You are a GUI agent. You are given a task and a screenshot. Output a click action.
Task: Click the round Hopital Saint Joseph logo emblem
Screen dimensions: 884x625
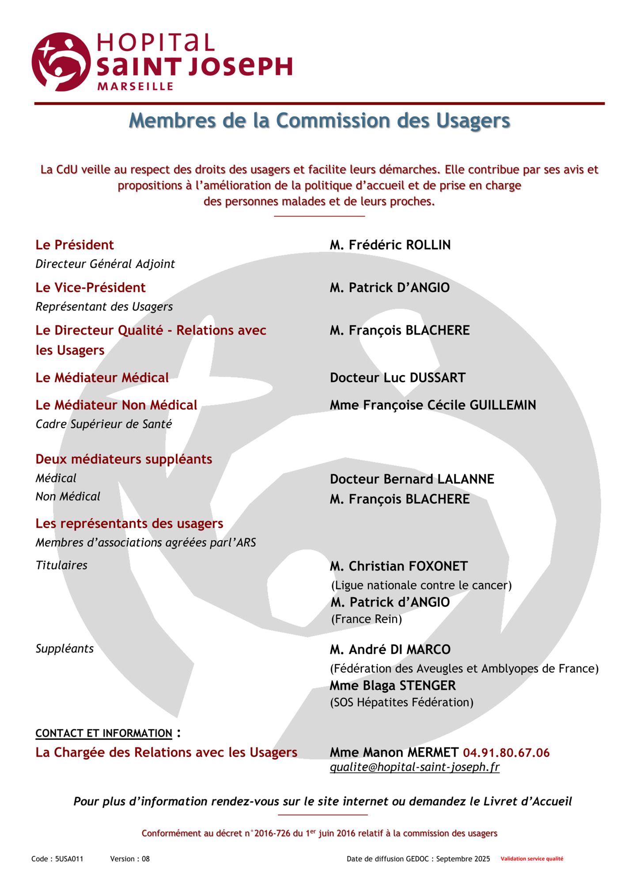pos(61,62)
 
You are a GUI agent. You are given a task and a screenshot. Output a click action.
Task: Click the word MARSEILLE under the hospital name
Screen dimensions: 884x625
pos(135,86)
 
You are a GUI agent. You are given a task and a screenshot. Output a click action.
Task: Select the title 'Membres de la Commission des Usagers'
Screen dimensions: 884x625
pos(319,120)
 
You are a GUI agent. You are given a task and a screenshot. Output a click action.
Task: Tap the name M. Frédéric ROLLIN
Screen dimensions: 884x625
pos(390,245)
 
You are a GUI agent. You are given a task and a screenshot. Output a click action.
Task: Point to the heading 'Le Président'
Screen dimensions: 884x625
pos(75,245)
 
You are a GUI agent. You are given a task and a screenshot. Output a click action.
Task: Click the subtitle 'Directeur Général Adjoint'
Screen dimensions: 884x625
pos(105,264)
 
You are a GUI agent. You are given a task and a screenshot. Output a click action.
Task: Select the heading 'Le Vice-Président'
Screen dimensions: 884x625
pos(91,288)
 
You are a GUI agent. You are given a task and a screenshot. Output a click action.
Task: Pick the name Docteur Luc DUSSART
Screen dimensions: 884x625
pos(398,378)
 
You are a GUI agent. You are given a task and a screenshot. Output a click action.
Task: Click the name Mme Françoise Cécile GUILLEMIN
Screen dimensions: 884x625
pos(433,405)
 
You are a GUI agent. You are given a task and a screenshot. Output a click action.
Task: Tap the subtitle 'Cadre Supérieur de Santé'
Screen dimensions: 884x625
pos(104,424)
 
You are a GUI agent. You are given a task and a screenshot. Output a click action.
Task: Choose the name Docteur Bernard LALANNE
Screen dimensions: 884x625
pos(412,479)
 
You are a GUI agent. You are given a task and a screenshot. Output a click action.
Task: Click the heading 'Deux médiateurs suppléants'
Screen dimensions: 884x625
pos(124,459)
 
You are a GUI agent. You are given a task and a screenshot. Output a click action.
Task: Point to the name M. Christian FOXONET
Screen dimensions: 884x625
pos(398,566)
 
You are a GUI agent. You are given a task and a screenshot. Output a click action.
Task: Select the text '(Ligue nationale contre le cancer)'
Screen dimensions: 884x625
pos(421,585)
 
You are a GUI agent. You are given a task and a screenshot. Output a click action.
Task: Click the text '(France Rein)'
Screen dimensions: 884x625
pos(367,619)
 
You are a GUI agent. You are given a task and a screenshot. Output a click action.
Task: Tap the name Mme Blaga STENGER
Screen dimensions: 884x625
pos(393,686)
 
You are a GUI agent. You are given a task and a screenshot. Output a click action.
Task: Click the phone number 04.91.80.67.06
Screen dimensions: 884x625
pos(506,753)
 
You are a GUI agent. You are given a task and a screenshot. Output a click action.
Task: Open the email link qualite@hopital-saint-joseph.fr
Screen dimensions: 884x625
pos(414,767)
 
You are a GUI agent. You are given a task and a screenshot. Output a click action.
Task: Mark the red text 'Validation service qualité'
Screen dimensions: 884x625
pos(532,859)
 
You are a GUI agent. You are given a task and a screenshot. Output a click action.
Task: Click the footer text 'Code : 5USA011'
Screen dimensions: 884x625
pos(57,859)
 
